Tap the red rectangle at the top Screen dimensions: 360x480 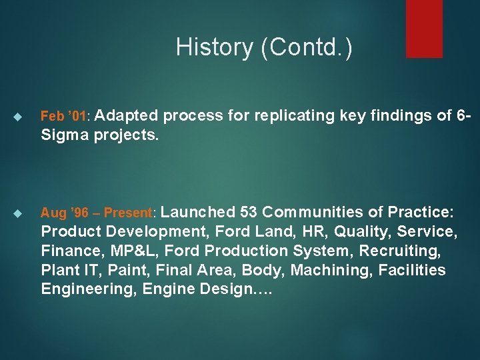[x=425, y=28]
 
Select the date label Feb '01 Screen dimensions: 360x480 [x=63, y=117]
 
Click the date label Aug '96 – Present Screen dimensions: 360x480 [x=97, y=213]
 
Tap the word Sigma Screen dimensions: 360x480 [x=65, y=135]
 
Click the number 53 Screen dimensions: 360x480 [x=249, y=213]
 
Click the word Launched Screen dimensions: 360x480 [x=198, y=213]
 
